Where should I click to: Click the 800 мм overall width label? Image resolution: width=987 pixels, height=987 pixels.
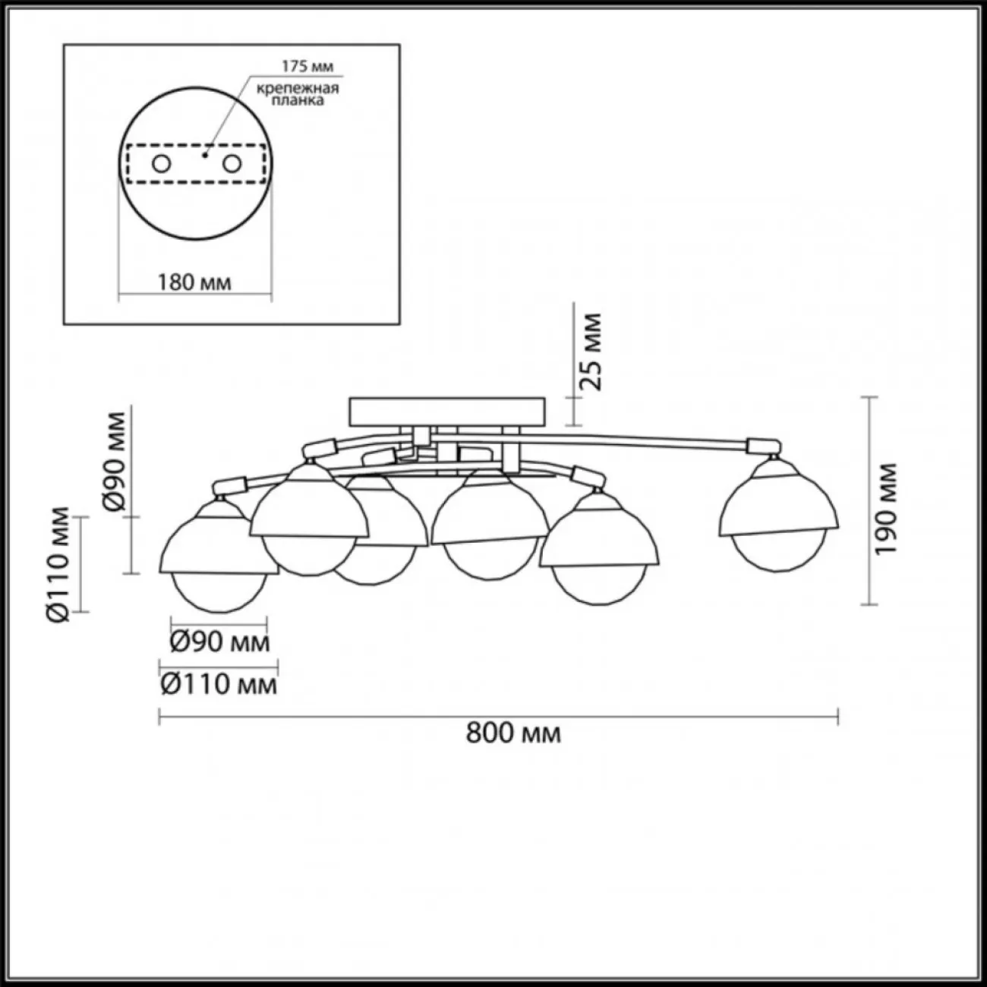[513, 734]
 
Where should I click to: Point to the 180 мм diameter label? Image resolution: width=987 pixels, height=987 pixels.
[194, 282]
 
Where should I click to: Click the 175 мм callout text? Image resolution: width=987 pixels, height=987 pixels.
[307, 66]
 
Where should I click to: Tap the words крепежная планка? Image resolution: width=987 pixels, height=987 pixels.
[298, 94]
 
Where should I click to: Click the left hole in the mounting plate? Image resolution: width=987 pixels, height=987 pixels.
[162, 165]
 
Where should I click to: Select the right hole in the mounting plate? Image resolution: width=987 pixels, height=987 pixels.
[232, 165]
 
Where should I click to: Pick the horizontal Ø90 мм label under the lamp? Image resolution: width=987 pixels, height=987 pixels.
[219, 642]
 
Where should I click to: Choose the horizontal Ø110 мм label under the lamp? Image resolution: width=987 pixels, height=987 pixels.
[219, 684]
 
